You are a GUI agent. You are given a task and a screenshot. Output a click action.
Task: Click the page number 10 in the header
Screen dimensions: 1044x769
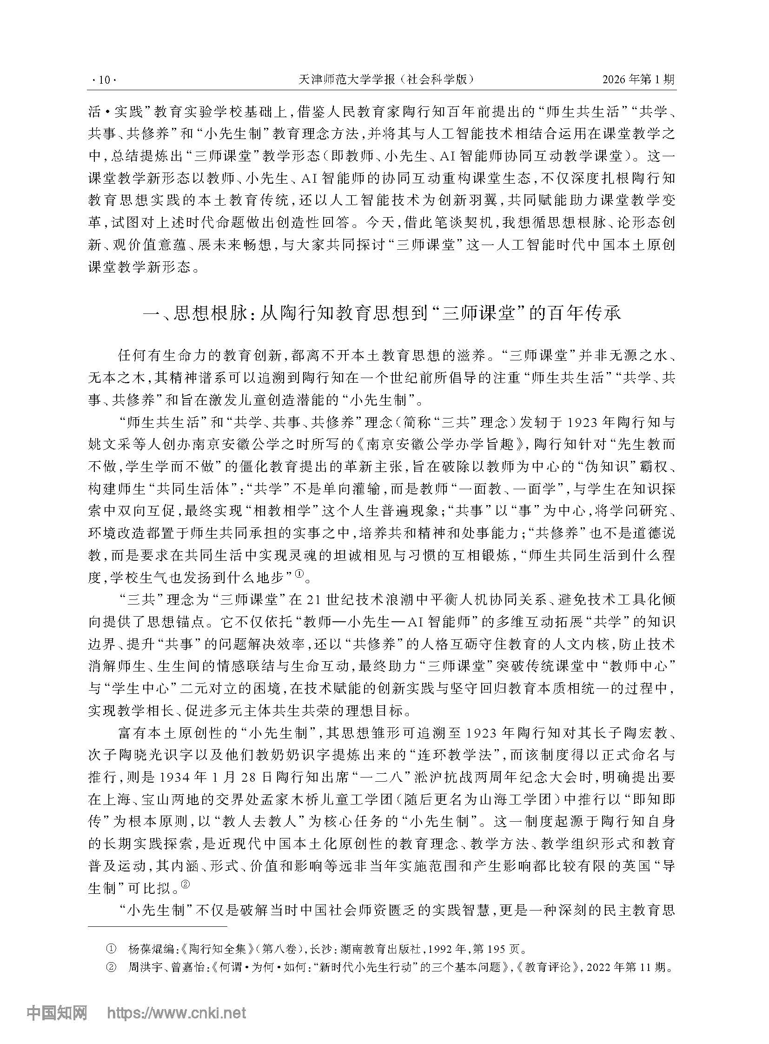tap(103, 80)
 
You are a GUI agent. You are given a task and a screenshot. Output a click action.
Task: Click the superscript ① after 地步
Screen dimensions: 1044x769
tap(299, 577)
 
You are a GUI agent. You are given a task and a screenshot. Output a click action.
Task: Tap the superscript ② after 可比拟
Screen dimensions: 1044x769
tap(185, 887)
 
